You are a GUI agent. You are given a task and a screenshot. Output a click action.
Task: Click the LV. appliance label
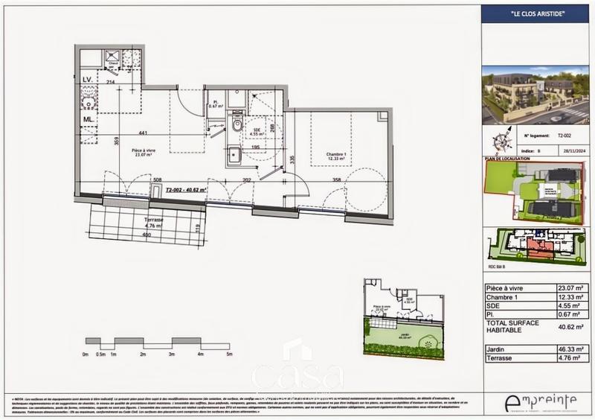point(87,79)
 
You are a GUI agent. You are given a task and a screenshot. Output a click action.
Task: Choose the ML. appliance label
point(87,118)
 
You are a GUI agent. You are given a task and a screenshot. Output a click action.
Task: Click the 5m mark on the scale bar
point(231,354)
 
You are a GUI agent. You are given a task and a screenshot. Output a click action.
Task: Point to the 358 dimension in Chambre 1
point(336,180)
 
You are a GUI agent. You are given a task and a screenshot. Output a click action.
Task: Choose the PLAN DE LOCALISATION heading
point(507,159)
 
